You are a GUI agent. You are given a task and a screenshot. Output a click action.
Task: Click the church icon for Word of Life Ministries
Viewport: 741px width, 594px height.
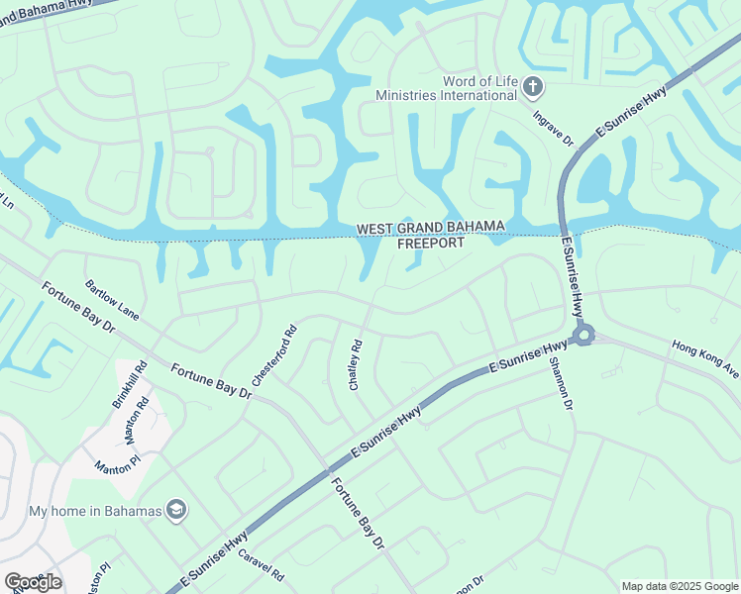click(x=533, y=88)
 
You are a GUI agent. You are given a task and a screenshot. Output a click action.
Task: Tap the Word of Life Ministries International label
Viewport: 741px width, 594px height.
click(x=446, y=88)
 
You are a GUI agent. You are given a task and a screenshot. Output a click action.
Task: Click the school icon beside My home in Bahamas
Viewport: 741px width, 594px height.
click(x=177, y=511)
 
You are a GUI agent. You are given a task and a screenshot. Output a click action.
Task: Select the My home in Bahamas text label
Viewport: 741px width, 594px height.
click(x=94, y=511)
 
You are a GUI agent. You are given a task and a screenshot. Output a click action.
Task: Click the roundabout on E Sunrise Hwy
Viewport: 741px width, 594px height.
click(x=582, y=335)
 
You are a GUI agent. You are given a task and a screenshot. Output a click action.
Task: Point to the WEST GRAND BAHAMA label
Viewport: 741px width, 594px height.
click(x=430, y=229)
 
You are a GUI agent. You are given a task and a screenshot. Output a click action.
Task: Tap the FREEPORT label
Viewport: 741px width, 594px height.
click(x=430, y=243)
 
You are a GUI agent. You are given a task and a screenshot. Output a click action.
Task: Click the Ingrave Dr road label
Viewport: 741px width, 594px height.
click(x=553, y=128)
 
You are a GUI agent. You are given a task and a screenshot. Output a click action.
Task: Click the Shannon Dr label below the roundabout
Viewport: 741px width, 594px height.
click(x=561, y=384)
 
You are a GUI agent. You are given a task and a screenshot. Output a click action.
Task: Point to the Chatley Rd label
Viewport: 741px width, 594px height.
click(x=356, y=365)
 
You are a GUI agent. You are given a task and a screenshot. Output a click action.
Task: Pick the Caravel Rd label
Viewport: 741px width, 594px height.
click(x=261, y=565)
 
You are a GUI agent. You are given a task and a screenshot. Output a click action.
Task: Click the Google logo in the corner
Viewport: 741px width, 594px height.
click(x=33, y=582)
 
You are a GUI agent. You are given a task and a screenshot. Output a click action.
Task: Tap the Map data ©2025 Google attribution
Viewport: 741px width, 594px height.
click(x=681, y=586)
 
